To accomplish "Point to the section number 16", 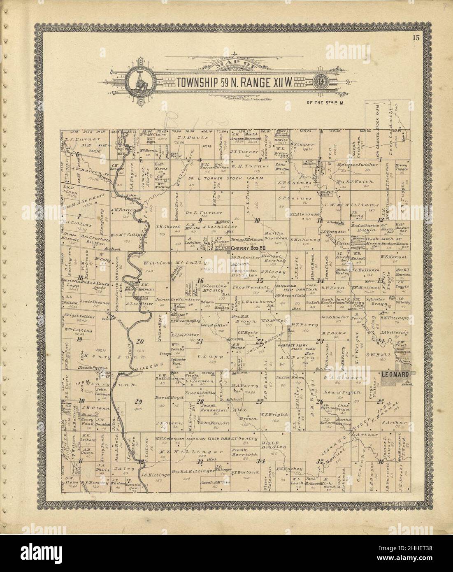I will click(x=200, y=281).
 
